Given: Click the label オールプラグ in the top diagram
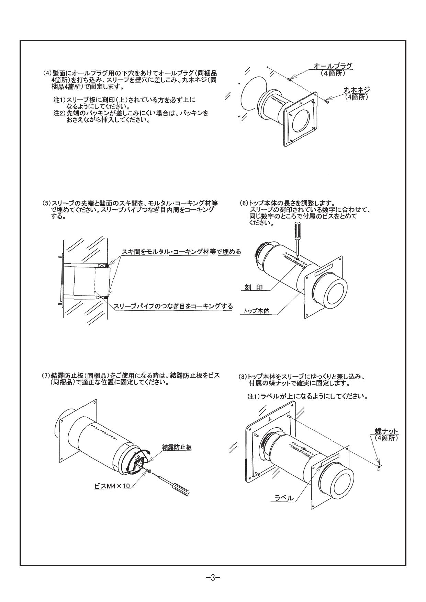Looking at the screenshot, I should [x=333, y=66].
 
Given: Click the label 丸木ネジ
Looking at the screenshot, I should [x=356, y=90].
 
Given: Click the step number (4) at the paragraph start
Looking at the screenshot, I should [x=47, y=73].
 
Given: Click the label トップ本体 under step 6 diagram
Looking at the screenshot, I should [x=256, y=311].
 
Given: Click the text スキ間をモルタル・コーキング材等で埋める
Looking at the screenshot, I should [x=181, y=252].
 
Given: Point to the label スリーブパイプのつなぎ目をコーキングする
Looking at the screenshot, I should [x=173, y=306].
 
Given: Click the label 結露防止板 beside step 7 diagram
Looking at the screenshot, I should [x=177, y=447].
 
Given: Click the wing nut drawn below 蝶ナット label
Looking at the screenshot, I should [x=379, y=466].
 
